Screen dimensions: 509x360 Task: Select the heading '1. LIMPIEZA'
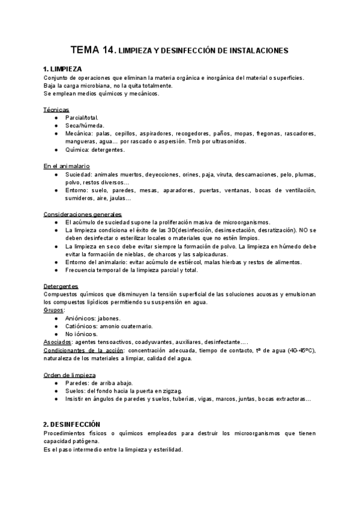[x=63, y=69]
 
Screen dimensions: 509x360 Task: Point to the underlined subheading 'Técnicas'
[x=56, y=110]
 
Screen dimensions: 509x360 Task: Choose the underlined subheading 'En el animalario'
[x=67, y=165]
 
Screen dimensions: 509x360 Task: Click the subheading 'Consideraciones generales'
[x=83, y=214]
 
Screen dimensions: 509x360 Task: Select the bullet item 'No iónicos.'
[x=81, y=334]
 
